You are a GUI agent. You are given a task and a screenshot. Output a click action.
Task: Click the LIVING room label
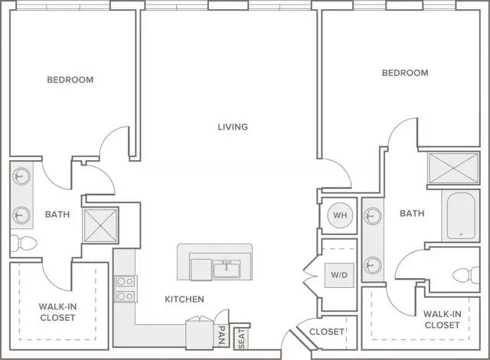[233, 127]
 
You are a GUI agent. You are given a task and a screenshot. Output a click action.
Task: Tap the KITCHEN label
[185, 299]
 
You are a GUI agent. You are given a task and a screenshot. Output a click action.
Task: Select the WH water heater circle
[340, 215]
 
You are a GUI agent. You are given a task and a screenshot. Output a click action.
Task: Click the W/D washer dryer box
[339, 275]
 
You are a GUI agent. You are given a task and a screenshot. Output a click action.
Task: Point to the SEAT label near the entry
[242, 339]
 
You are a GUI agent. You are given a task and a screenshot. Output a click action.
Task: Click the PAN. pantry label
[221, 336]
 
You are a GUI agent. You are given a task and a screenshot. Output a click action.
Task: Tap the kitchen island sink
[227, 269]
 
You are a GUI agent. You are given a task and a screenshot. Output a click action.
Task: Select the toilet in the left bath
[24, 243]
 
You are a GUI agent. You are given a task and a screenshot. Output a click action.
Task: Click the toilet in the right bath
[466, 275]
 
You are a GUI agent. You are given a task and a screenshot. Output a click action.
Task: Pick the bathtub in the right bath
[461, 216]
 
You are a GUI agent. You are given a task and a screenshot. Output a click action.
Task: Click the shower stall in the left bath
[100, 225]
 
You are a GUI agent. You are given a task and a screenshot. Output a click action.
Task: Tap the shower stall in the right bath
[453, 168]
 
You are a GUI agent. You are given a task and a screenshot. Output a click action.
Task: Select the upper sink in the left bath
[21, 176]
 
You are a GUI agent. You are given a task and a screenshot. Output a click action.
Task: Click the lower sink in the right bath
[373, 265]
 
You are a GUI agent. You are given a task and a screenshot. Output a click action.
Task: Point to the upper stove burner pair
[126, 282]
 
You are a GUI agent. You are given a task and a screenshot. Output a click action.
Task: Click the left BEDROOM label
[70, 80]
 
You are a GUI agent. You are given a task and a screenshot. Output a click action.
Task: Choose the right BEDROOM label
[405, 73]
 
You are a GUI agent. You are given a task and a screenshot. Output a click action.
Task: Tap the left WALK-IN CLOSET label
[58, 312]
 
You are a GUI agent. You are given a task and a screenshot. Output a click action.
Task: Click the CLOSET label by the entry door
[327, 332]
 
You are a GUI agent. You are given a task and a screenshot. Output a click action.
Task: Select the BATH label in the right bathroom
[412, 214]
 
